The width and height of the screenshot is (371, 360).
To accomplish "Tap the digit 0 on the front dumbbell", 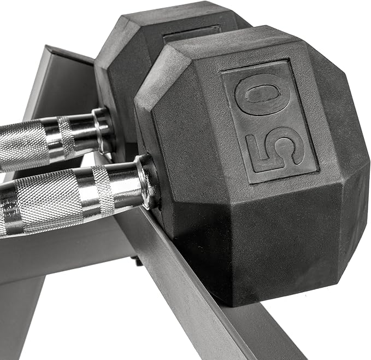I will click(261, 96).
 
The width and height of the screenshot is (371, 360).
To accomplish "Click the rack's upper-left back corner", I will click(52, 52).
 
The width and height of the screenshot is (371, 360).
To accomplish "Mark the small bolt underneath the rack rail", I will click(139, 261).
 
